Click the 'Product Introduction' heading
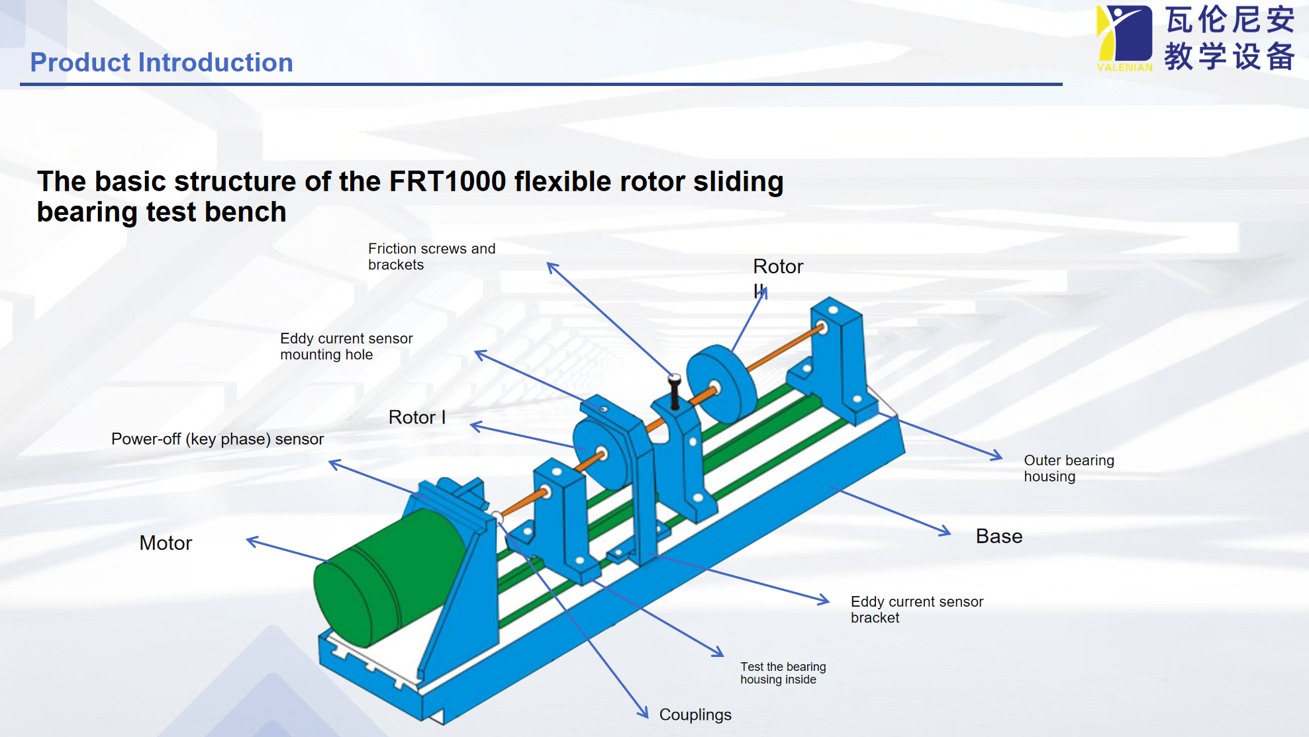(162, 63)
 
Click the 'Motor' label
(166, 543)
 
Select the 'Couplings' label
(695, 715)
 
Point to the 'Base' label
(999, 537)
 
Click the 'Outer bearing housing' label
(1069, 468)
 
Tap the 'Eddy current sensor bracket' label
(917, 609)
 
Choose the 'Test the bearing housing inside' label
(783, 673)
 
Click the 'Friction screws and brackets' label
(432, 257)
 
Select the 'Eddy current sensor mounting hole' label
(346, 347)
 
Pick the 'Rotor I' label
(416, 417)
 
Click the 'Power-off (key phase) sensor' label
(217, 439)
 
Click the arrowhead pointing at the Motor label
(252, 541)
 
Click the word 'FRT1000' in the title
(448, 181)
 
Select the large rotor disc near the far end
(722, 384)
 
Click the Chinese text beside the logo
(1230, 38)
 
